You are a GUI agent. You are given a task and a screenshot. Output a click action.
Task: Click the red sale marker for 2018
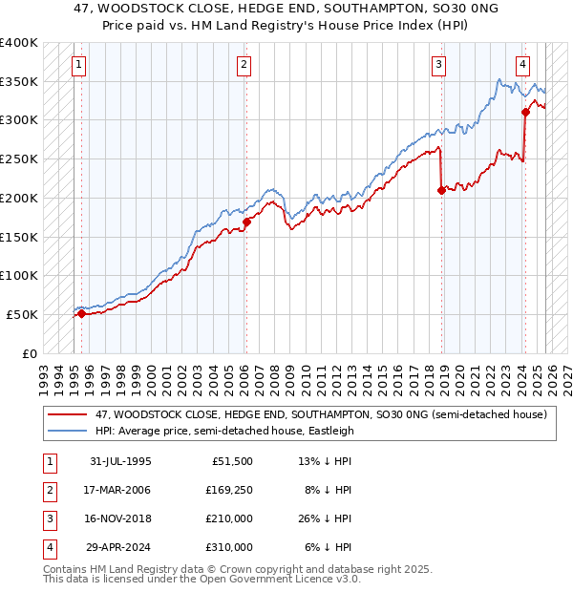point(441,190)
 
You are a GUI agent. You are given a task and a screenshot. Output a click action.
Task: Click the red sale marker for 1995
point(81,313)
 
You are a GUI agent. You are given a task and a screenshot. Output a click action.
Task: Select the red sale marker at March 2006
point(246,222)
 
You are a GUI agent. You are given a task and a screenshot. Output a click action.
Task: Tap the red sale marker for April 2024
point(525,112)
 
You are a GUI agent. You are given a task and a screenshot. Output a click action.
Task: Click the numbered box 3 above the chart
point(438,65)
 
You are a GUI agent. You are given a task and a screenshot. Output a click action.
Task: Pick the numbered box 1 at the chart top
point(77,65)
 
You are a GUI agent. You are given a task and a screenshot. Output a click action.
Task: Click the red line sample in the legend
point(67,414)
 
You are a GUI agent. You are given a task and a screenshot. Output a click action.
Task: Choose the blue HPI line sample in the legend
point(67,431)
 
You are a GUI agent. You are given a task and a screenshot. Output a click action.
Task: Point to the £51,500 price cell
point(230,461)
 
